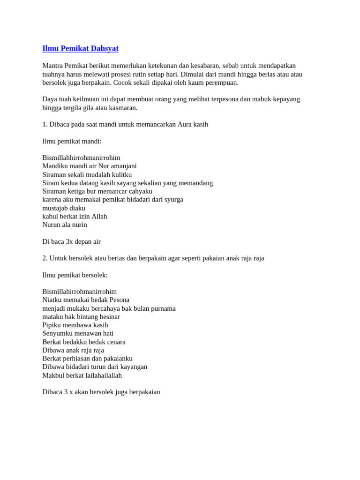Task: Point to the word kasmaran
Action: [122, 107]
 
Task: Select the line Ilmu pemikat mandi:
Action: [72, 141]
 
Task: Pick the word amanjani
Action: [121, 166]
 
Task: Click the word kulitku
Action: [120, 174]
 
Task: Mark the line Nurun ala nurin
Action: [65, 225]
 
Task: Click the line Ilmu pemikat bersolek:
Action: [75, 275]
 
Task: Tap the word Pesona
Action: [119, 300]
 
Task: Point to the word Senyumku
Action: [58, 333]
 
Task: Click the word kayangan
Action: [132, 367]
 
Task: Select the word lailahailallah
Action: [104, 375]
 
